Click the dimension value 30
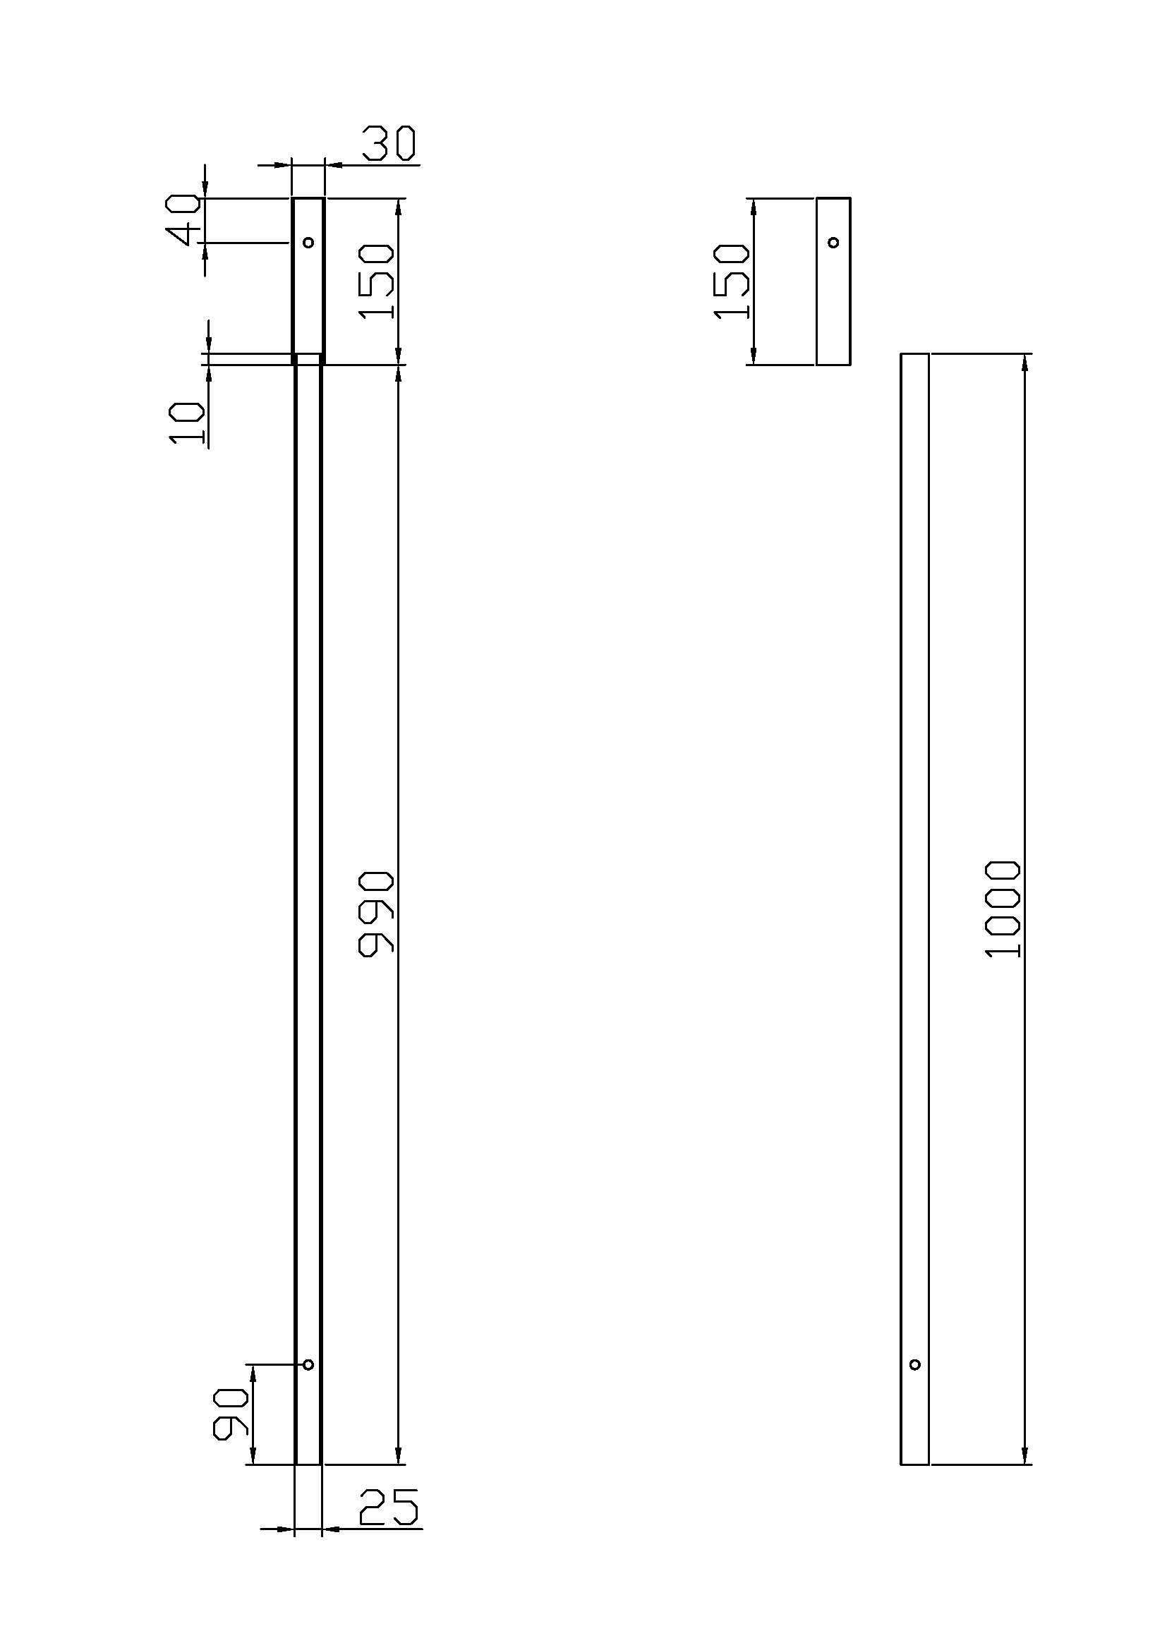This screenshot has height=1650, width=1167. point(388,143)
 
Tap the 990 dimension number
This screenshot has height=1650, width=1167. point(376,914)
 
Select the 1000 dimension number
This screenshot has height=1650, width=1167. point(1003,909)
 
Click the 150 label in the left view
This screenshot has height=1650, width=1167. point(376,281)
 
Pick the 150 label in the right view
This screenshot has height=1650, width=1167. point(732,281)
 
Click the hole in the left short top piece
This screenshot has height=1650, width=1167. point(308,242)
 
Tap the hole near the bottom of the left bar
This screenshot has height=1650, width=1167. point(308,1365)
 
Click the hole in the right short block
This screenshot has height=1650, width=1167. point(833,242)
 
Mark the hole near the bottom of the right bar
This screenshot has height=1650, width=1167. point(915,1365)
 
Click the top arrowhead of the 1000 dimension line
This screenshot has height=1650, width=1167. point(1024,362)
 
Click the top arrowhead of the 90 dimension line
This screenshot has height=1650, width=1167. point(251,1373)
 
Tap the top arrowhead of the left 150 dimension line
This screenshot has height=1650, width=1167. point(399,207)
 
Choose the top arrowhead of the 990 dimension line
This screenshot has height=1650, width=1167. point(399,374)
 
